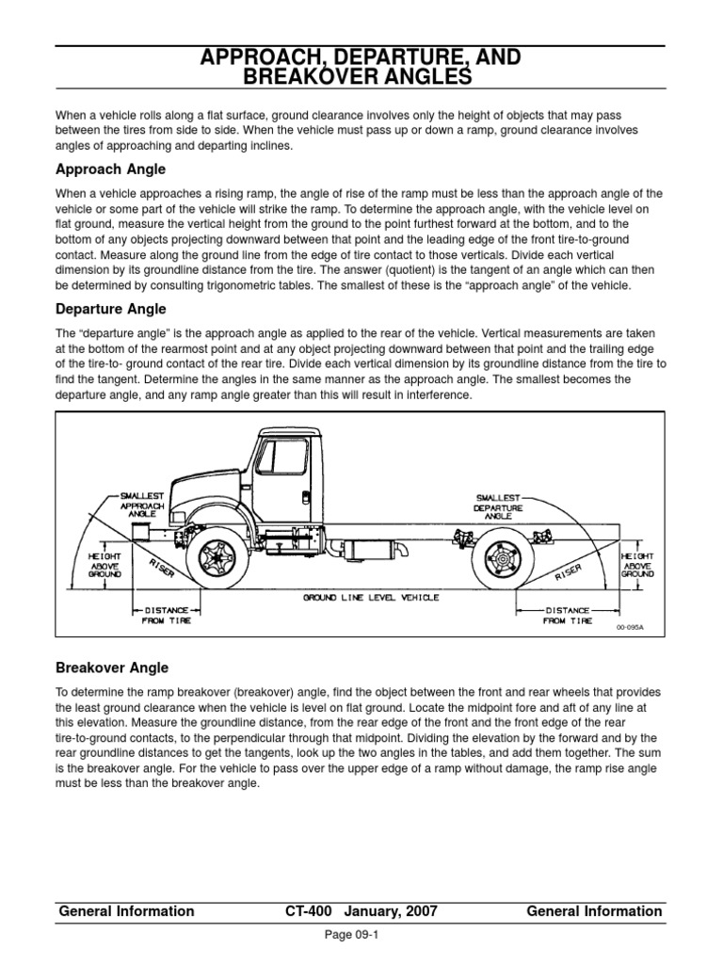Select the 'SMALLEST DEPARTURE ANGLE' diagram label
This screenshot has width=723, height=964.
click(x=496, y=506)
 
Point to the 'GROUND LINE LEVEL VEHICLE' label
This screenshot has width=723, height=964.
click(x=370, y=598)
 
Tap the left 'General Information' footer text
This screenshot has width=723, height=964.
click(x=126, y=911)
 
